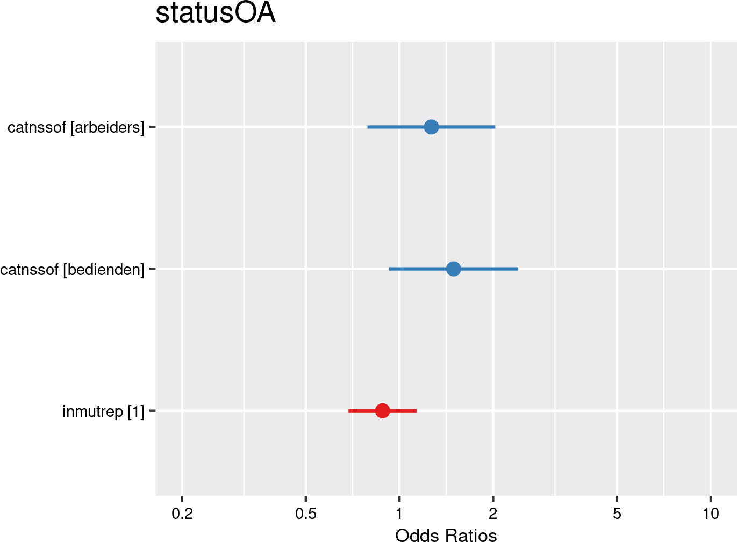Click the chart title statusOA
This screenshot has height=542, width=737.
(216, 14)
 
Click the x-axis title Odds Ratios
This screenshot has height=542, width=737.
(446, 535)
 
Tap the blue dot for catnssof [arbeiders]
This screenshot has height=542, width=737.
(431, 127)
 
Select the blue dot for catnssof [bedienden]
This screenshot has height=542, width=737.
(454, 269)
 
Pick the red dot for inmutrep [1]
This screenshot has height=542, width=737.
(382, 411)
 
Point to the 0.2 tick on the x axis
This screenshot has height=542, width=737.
(182, 514)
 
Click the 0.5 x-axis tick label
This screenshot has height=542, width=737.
(305, 514)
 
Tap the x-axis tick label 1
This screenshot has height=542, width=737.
(399, 514)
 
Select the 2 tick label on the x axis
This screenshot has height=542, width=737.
(493, 514)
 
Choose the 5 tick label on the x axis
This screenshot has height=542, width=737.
(617, 514)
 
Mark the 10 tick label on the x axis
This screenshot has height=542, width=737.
(711, 514)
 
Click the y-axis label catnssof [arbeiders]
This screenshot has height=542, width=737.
(76, 128)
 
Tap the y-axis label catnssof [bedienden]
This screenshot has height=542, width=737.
(73, 269)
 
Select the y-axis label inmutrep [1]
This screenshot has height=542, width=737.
(103, 411)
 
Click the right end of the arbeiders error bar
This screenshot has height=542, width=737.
(495, 127)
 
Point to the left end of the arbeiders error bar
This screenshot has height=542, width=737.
(368, 127)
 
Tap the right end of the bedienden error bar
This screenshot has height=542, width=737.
(518, 269)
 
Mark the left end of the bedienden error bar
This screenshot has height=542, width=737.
(390, 269)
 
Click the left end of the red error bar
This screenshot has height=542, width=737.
(349, 411)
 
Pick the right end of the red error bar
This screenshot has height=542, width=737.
(416, 411)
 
